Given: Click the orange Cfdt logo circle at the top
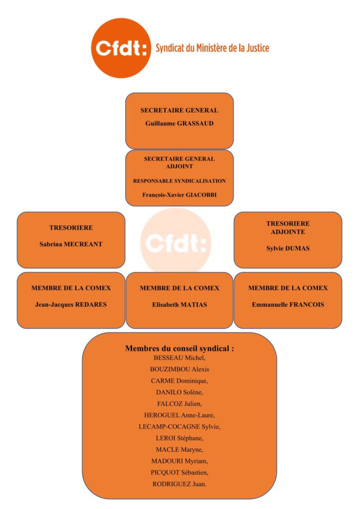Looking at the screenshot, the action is coord(121,48).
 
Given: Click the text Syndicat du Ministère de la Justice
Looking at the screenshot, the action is coord(212,48).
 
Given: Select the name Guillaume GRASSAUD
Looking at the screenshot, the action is coord(180,123).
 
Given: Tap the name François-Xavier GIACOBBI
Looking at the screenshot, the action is coord(180,195).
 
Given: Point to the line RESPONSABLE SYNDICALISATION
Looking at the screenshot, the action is coord(180,181).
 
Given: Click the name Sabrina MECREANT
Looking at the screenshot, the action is coord(71,244).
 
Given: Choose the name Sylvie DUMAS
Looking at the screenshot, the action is coord(288,249).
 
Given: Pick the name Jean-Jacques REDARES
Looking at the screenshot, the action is coord(71,305).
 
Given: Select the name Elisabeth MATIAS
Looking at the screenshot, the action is coord(180,305).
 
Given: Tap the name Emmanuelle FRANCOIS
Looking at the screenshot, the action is coord(288,305).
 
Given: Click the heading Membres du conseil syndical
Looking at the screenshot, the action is coord(180,348).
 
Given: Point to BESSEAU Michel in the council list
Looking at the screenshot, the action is coord(180,358).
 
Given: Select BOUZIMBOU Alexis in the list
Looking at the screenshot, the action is coord(180,369).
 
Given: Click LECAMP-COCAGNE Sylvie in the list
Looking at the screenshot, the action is coord(180,426).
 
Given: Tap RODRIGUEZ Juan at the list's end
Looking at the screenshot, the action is coord(180,484).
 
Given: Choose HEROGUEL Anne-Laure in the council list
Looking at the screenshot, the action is coord(180,415).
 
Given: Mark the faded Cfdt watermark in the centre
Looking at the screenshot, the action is coord(176,243).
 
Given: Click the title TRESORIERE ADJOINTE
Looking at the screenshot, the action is coord(288,228).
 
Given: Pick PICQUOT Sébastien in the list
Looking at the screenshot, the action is coord(180,473).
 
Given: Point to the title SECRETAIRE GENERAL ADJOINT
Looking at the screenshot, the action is coord(180,163).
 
